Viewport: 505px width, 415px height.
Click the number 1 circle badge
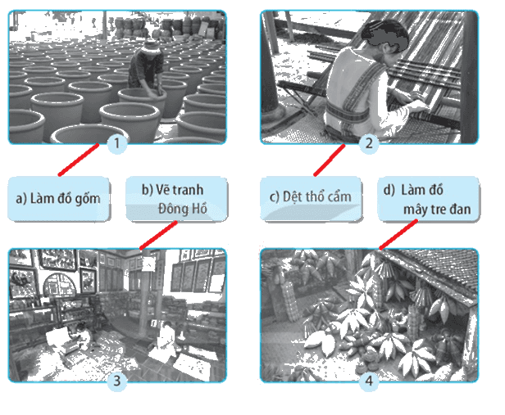click(117, 143)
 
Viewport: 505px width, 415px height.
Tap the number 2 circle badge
click(369, 143)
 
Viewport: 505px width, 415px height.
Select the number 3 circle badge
click(117, 381)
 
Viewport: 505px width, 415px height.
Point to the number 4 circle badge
click(369, 381)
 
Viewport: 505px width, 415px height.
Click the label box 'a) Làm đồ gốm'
click(59, 199)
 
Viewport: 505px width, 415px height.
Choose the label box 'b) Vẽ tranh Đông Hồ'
click(176, 199)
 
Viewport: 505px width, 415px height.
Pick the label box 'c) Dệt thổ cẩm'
click(312, 199)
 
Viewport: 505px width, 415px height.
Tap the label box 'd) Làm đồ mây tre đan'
click(428, 199)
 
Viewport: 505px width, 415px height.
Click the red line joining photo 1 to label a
click(79, 160)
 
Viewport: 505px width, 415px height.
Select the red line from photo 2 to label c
click(330, 160)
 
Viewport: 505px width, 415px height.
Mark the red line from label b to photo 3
click(158, 235)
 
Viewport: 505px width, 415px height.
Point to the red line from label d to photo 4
click(398, 234)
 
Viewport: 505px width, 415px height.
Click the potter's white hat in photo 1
click(151, 47)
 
